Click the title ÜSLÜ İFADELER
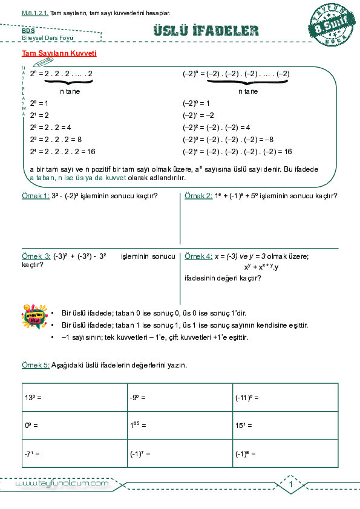[206, 31]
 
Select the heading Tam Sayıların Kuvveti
[59, 53]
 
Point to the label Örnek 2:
[198, 196]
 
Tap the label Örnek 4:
[198, 256]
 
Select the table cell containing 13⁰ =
[74, 397]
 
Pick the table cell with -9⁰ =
[180, 397]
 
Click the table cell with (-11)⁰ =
[284, 397]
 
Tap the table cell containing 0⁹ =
[74, 425]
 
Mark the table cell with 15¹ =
[284, 425]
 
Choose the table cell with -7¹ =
[74, 453]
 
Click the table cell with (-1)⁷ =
[180, 453]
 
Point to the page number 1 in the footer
[291, 485]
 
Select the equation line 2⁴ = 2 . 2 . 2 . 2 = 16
[63, 152]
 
